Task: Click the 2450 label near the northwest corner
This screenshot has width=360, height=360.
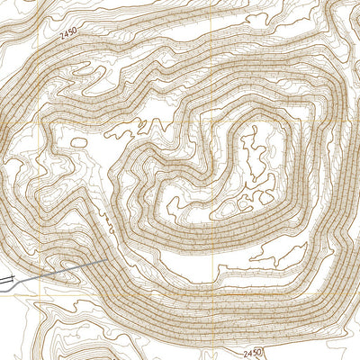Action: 69,33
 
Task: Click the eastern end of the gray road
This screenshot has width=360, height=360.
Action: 108,261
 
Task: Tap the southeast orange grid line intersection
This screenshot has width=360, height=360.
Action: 214,290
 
